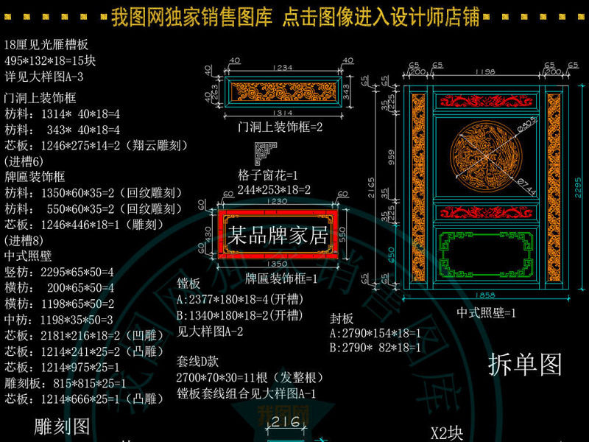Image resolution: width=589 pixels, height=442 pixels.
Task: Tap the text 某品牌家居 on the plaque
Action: [x=278, y=236]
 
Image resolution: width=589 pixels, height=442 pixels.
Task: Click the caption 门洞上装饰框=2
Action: [x=281, y=127]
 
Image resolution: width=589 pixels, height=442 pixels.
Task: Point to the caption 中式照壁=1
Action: [x=486, y=312]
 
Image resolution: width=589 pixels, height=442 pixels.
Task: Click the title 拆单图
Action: [x=525, y=365]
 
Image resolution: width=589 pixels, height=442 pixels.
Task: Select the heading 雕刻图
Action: [x=63, y=427]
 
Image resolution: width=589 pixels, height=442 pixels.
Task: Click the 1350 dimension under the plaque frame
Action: [x=277, y=264]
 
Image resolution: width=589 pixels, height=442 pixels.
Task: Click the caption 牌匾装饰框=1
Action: [x=281, y=279]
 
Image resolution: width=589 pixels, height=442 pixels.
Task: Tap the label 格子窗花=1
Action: [x=267, y=176]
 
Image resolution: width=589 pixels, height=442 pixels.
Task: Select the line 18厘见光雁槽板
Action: [x=46, y=44]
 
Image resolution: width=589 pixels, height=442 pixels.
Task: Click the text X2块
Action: [x=446, y=432]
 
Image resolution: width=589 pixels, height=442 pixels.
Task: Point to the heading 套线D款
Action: [x=198, y=362]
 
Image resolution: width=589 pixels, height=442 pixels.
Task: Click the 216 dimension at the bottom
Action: [x=285, y=422]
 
